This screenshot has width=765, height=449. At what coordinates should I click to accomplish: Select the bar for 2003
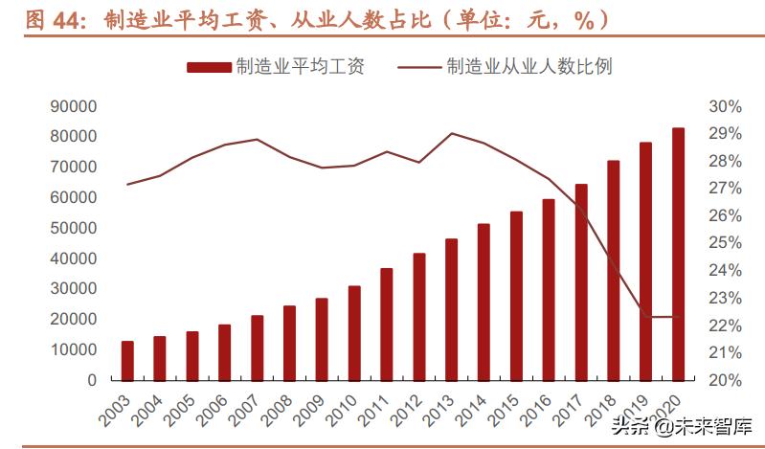coord(127,360)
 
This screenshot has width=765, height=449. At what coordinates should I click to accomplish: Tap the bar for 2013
coord(451,309)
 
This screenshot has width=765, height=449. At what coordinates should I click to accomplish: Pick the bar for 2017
coord(580,281)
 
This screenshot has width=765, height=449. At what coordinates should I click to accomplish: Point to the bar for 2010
coord(354,332)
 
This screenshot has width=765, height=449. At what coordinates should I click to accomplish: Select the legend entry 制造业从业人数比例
coord(505,66)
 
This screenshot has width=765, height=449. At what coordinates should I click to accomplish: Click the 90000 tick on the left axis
coord(74,106)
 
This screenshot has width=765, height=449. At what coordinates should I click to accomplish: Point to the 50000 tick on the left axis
coord(74,228)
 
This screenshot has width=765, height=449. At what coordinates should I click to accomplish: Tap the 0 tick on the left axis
coord(92,380)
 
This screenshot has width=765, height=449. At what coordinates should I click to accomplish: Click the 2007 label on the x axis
coord(244,411)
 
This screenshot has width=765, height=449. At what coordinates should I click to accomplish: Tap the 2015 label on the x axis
coord(503,411)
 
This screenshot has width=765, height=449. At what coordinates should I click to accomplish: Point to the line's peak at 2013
coord(451,133)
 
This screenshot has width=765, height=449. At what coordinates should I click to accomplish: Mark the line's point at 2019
coord(645,317)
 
